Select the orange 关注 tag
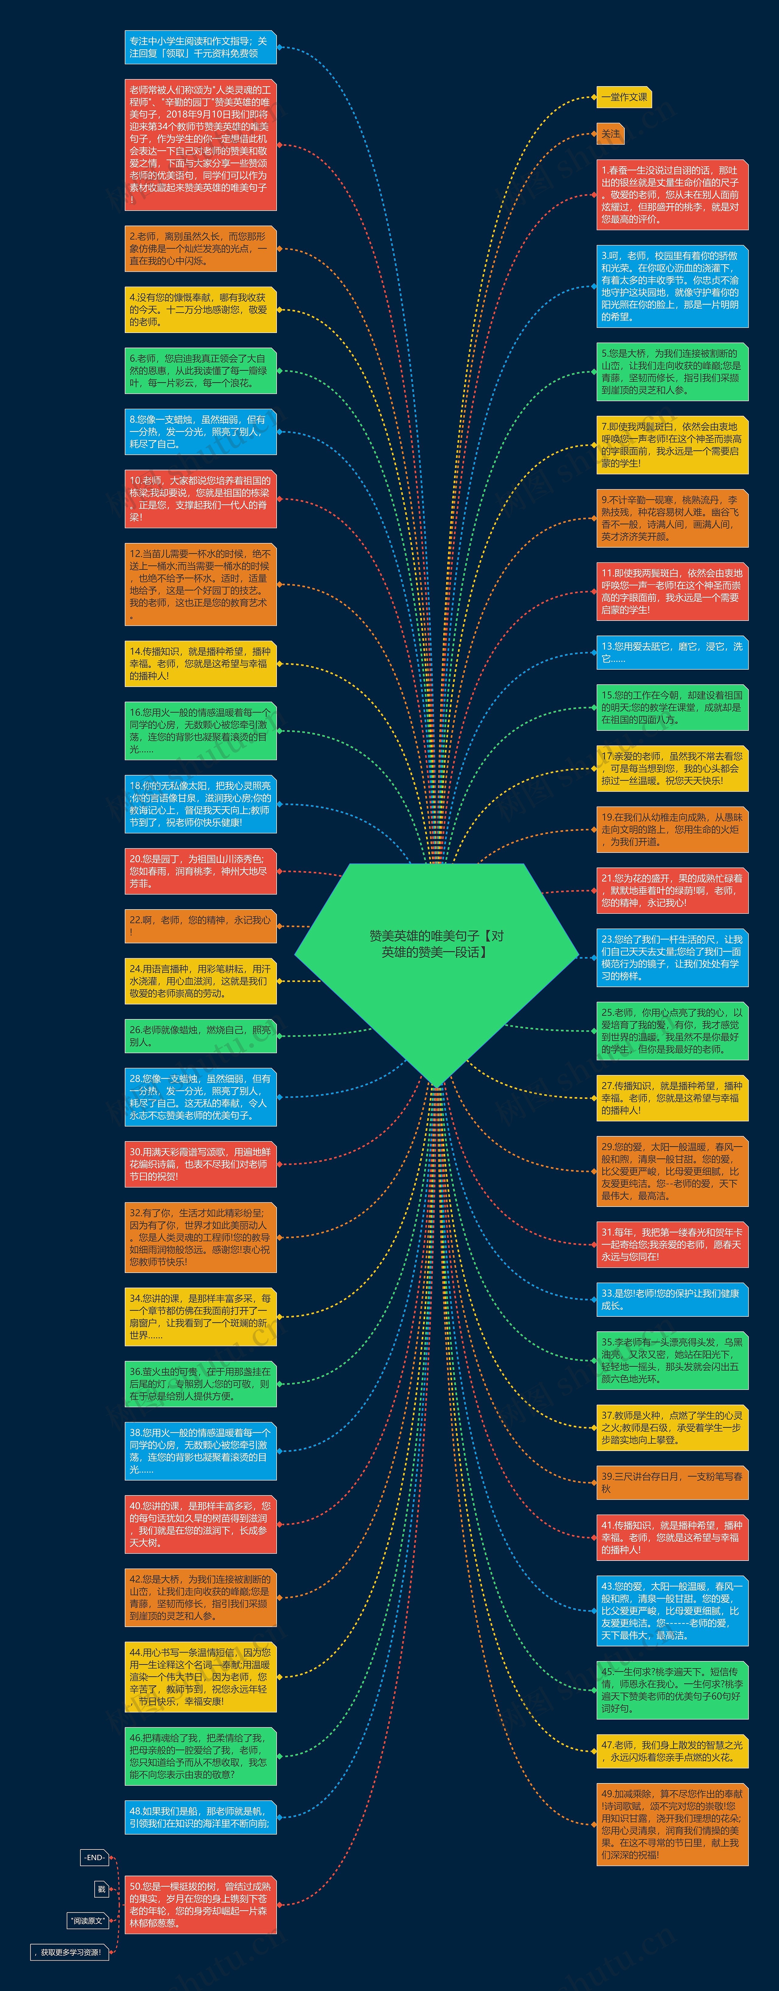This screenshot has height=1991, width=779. pos(610,134)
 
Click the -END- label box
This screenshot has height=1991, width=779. pos(94,1857)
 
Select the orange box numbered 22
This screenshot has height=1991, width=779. pos(200,926)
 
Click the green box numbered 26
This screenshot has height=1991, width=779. pos(200,1036)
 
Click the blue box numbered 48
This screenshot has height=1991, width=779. pos(200,1817)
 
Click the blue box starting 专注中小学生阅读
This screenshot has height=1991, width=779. pos(200,47)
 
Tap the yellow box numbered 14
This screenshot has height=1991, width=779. pos(200,663)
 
